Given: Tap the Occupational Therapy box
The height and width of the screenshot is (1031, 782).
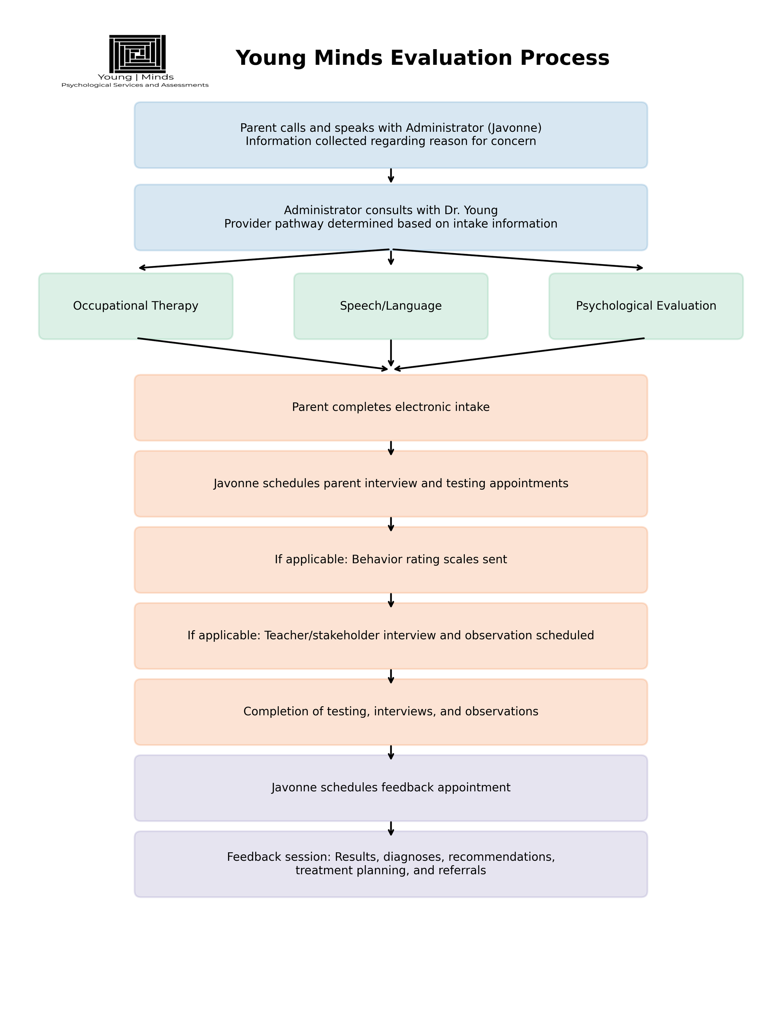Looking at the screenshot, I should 136,306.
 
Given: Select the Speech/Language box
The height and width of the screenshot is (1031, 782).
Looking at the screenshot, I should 391,306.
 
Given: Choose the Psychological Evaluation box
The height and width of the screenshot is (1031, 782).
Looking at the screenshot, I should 646,306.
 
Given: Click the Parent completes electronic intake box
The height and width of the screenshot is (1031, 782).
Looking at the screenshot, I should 391,407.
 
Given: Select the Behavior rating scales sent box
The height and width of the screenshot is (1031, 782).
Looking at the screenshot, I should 391,560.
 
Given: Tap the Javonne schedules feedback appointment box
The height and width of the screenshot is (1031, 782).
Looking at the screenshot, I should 391,788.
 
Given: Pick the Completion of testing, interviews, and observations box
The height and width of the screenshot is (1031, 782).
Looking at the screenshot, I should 391,712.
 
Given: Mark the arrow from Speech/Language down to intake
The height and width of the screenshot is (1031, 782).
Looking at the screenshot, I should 391,353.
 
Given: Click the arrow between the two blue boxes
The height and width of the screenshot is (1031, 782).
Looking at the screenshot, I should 391,176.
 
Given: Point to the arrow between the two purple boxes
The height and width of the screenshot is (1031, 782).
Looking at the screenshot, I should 391,828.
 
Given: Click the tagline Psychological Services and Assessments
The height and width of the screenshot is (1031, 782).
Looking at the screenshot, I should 135,85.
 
